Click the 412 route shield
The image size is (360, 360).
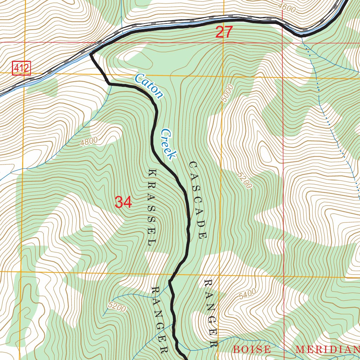[x=22, y=68]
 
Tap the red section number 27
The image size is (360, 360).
[x=224, y=32]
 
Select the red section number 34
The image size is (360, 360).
[x=123, y=202]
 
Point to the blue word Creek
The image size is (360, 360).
[x=168, y=144]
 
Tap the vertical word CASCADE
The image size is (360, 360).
[x=197, y=200]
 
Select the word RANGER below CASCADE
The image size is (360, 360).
[x=211, y=313]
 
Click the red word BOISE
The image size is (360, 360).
[x=252, y=349]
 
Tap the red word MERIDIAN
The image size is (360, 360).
[x=326, y=349]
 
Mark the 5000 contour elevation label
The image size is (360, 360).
[x=227, y=93]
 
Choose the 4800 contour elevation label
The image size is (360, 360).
[x=89, y=142]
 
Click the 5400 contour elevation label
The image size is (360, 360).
[x=247, y=294]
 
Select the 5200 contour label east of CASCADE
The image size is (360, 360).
[x=245, y=181]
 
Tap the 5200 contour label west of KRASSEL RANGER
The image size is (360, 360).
[x=117, y=307]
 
